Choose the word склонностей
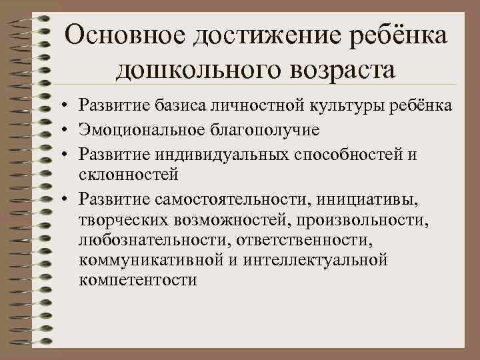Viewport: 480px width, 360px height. click(127, 175)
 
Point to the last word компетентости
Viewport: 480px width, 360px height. click(137, 279)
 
